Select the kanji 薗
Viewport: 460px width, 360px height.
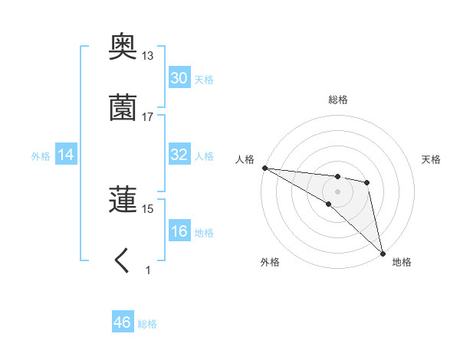pos(123,108)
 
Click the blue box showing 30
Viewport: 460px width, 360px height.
pos(179,78)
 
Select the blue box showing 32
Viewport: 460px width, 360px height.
pos(179,155)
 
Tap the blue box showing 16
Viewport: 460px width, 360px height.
pos(179,231)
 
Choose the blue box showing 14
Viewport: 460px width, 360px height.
pos(66,155)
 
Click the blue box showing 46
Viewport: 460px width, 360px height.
pos(122,322)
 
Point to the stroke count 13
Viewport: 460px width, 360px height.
pos(148,56)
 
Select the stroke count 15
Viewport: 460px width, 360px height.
pos(148,208)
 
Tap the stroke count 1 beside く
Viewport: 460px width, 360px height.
pos(148,270)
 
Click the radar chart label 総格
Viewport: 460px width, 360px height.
pos(338,100)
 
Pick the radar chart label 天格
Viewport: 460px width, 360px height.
pos(432,159)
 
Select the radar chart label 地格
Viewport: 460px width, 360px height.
pos(402,262)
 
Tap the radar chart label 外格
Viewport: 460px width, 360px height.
pos(270,262)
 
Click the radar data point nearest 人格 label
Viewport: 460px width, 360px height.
pos(264,168)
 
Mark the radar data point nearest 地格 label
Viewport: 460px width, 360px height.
pos(383,253)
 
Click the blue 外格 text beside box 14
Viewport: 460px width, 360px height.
pos(41,155)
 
